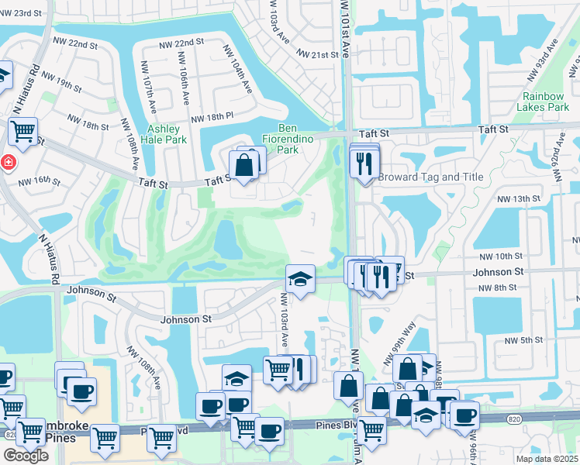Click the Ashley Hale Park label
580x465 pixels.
click(x=164, y=134)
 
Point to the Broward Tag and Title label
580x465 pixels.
click(x=430, y=177)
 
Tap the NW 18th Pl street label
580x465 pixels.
click(x=212, y=115)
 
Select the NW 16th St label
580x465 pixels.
click(x=40, y=180)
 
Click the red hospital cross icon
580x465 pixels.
click(x=9, y=163)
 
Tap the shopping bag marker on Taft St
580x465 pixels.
click(x=243, y=165)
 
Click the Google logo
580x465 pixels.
click(x=26, y=456)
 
